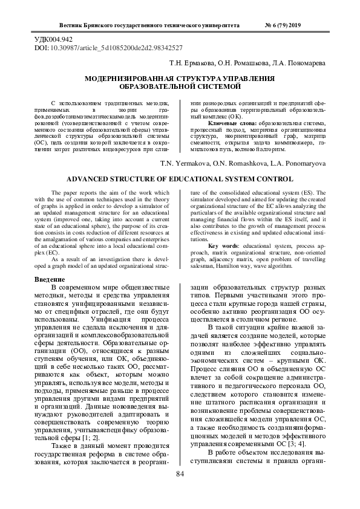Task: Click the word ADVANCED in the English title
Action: [x=92, y=179]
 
